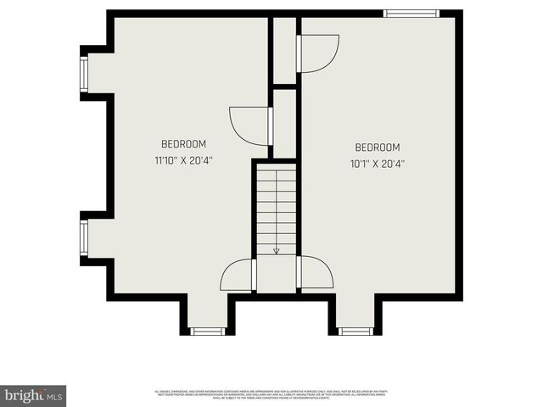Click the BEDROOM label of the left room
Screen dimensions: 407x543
click(x=183, y=144)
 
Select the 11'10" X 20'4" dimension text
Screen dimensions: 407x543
click(x=183, y=160)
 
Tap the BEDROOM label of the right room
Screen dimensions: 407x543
click(x=377, y=148)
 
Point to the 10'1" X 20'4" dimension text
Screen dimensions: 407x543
click(x=377, y=164)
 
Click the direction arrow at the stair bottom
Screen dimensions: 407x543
click(x=276, y=250)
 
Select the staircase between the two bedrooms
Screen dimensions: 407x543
click(x=276, y=208)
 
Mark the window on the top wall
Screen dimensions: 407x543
click(x=411, y=14)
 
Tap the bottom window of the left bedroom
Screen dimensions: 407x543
click(x=206, y=331)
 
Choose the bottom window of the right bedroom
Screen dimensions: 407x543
click(x=355, y=331)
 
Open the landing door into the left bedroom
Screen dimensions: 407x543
click(x=238, y=275)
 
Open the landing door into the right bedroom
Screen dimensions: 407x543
click(x=315, y=273)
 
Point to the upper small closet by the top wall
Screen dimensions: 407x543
click(x=283, y=49)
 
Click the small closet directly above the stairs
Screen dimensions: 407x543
click(x=284, y=123)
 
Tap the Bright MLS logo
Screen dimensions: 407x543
click(x=34, y=396)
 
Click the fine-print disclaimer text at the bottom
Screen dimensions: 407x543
click(x=271, y=394)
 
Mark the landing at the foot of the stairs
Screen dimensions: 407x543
click(x=277, y=275)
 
